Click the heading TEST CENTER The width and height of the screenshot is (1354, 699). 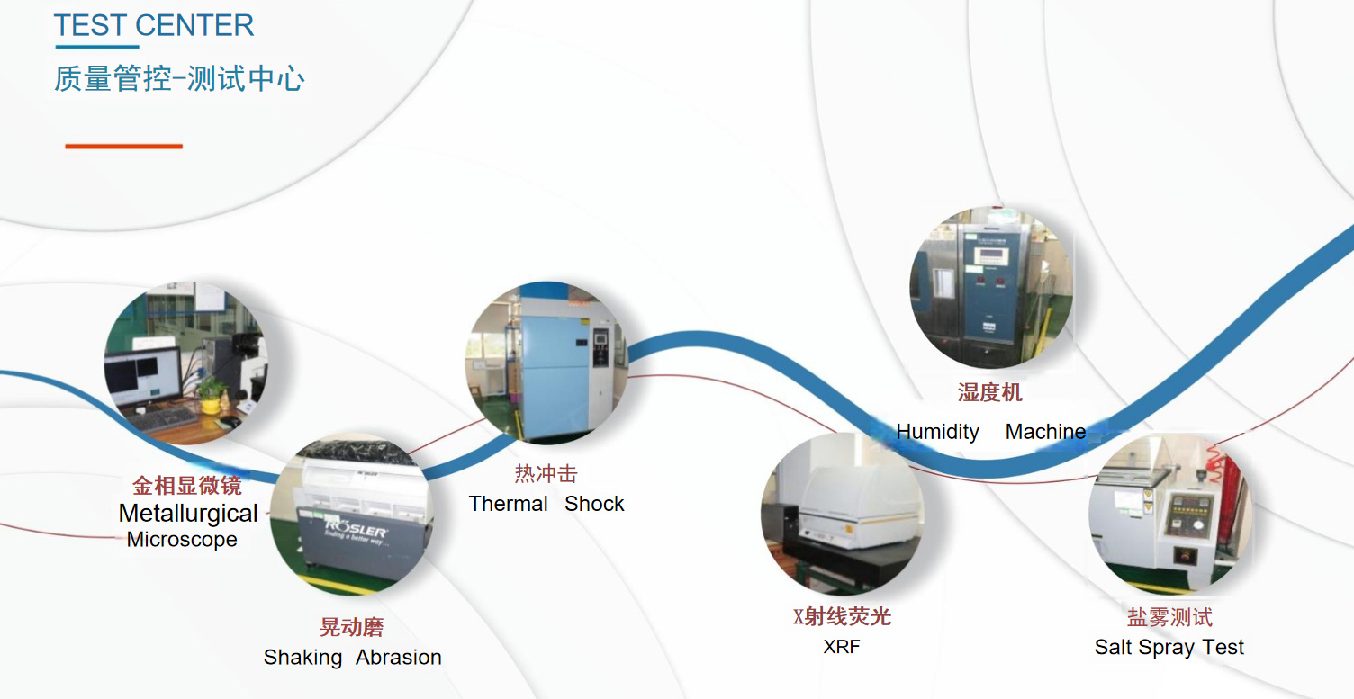[154, 26]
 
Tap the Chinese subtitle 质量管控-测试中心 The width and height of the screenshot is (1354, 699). [179, 79]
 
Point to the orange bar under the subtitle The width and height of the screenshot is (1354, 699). [124, 146]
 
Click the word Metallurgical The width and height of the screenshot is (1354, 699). [188, 514]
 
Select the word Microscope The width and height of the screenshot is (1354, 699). [182, 540]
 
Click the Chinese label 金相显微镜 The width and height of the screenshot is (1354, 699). [187, 487]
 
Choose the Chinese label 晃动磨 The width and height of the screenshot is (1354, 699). [352, 627]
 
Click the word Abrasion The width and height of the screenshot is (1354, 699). [398, 658]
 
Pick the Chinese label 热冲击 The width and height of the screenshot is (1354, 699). [546, 474]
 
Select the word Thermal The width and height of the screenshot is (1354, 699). [509, 504]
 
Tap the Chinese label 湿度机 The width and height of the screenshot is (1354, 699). [990, 392]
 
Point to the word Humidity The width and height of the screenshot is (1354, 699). [937, 432]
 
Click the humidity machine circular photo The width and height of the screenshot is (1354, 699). [990, 288]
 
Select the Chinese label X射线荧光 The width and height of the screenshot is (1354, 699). [842, 616]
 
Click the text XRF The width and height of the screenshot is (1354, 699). [842, 647]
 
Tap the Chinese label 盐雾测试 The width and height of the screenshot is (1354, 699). [1169, 617]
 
